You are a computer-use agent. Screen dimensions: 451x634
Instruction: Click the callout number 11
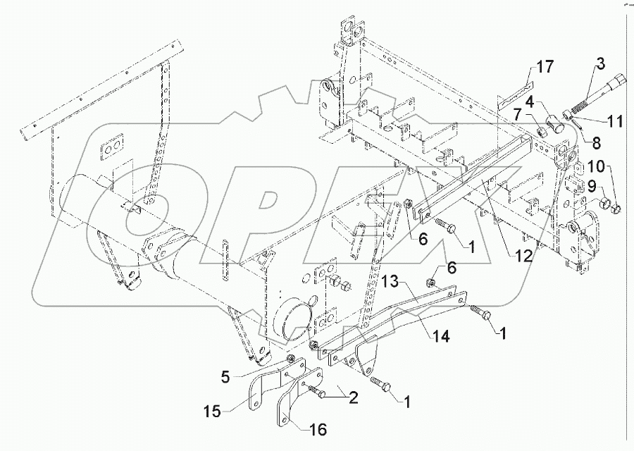click(x=614, y=122)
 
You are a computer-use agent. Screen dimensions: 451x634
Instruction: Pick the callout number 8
click(x=596, y=142)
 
